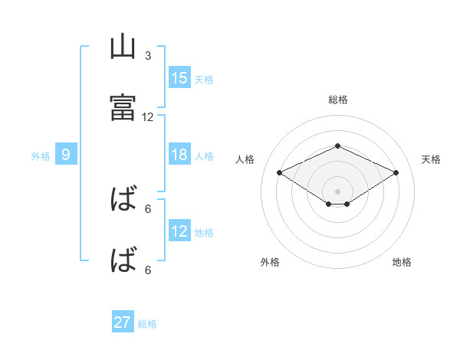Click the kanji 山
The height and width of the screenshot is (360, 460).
(123, 47)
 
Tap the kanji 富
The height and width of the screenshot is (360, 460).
(123, 107)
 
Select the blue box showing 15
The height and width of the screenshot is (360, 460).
(179, 77)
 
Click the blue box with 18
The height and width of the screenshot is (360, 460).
(179, 155)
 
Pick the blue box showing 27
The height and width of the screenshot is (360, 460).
(123, 322)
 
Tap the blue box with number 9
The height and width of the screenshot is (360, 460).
(66, 155)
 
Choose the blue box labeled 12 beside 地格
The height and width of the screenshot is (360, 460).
(179, 231)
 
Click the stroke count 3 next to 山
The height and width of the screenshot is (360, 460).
(148, 56)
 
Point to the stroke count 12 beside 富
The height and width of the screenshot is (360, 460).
(148, 117)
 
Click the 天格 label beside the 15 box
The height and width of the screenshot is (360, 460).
(204, 79)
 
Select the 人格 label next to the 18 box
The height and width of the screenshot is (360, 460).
(204, 156)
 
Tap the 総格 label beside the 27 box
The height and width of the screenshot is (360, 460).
(147, 324)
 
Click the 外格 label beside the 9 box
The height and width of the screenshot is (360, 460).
(41, 156)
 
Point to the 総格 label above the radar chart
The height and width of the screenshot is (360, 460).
(337, 100)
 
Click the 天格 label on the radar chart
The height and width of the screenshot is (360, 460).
(431, 159)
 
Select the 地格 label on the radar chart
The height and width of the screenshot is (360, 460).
(402, 262)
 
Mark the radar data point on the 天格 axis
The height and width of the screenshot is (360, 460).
(396, 172)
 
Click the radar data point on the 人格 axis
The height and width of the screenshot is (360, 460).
(279, 172)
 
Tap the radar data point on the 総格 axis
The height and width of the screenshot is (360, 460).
(337, 146)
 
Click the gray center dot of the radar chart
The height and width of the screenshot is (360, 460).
(337, 191)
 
